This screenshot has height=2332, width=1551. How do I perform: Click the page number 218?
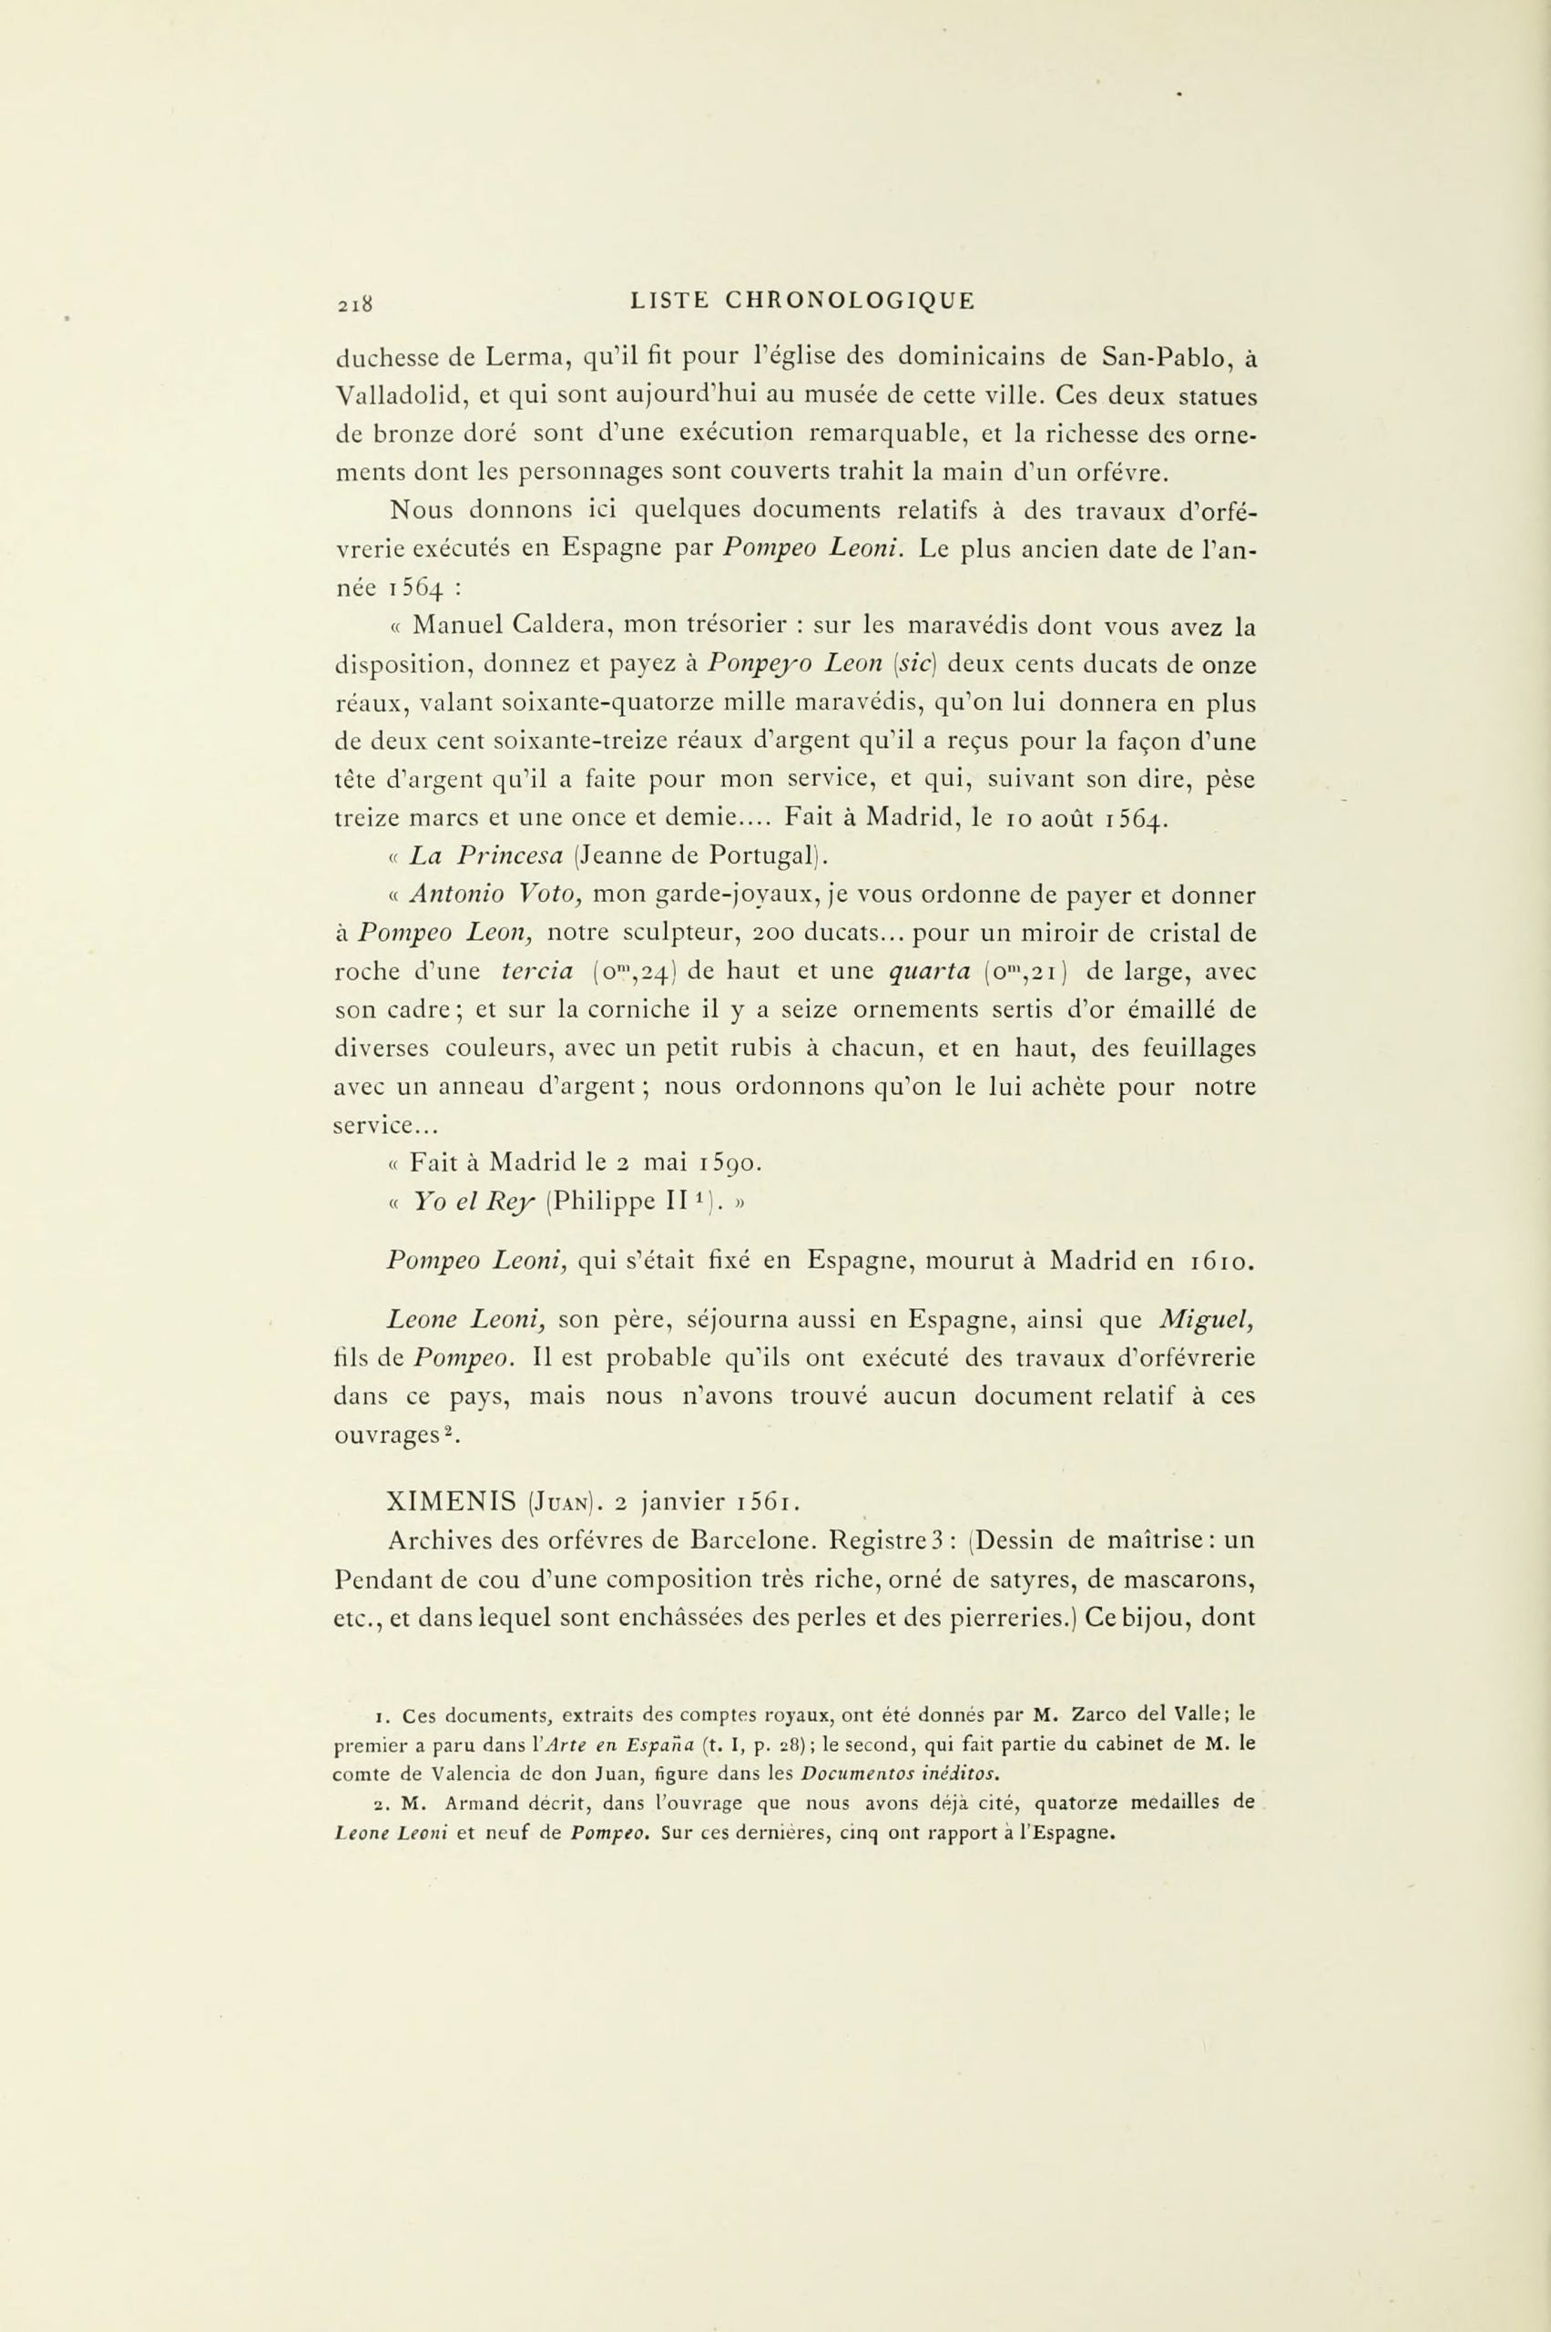click(x=353, y=303)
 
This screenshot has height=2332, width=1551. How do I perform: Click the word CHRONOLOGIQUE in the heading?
click(x=850, y=300)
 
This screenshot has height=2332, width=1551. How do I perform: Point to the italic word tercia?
click(x=541, y=973)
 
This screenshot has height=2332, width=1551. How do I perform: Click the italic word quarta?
click(x=926, y=973)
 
